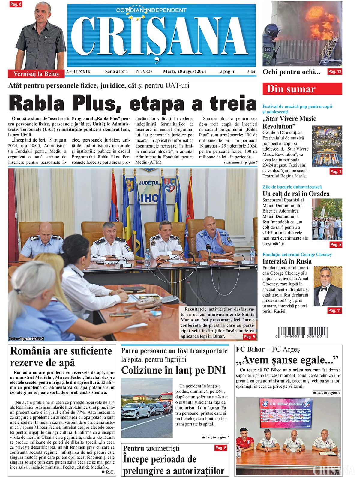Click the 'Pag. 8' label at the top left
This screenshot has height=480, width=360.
point(16,4)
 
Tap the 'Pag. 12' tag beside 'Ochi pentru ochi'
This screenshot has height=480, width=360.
point(334,72)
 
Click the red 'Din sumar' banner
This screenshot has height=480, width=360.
point(302,89)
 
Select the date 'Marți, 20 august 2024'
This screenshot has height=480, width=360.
point(184,72)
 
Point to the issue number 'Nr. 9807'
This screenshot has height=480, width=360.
point(144,72)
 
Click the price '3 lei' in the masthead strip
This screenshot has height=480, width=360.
point(251,72)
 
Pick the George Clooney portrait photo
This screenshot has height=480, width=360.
point(328,286)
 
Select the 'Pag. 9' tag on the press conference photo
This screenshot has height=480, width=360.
point(249,337)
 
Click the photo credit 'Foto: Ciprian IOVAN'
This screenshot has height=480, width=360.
point(26,339)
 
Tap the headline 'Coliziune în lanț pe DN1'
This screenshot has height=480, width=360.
point(173,370)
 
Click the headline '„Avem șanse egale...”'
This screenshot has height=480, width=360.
point(287,360)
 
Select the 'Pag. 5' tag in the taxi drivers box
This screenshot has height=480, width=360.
point(221,448)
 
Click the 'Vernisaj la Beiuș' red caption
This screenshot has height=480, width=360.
point(36,74)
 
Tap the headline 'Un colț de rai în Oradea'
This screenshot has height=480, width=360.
point(296,194)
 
